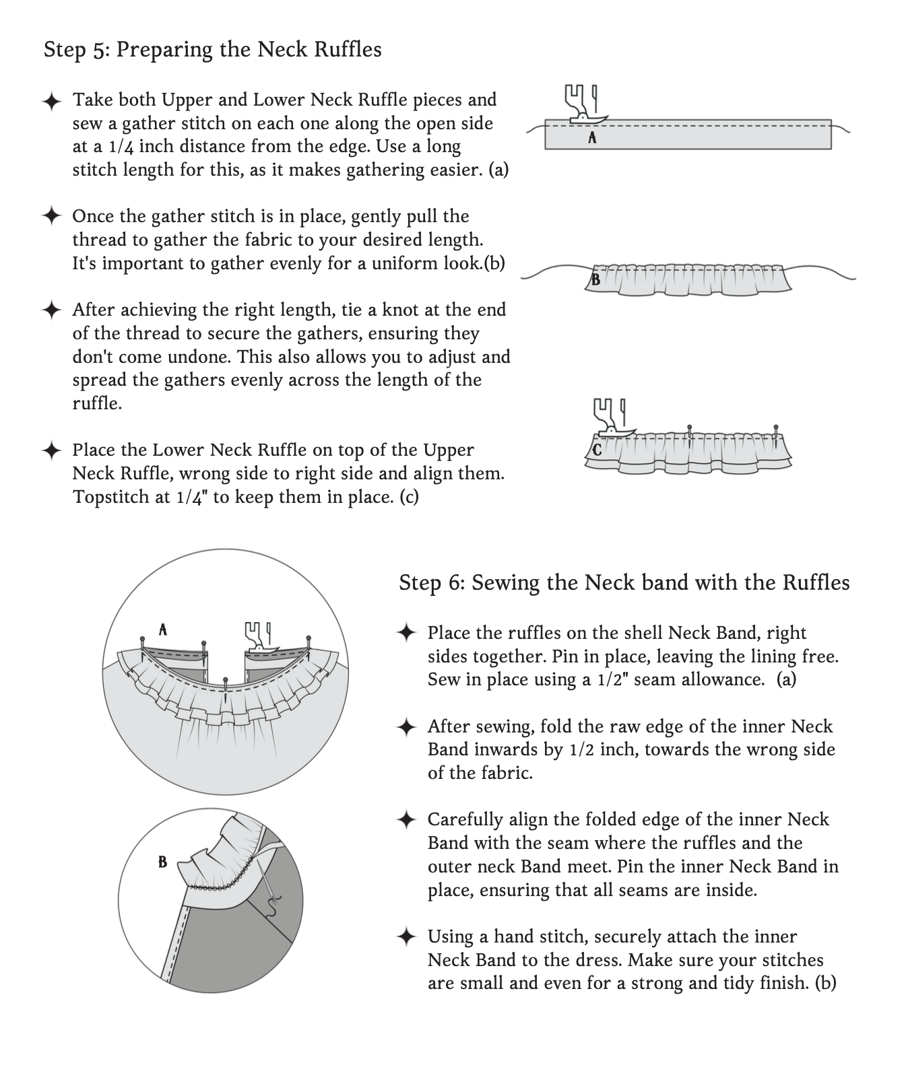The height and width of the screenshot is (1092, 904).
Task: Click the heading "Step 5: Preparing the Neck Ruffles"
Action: point(212,50)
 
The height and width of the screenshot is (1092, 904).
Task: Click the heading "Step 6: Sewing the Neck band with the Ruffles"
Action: point(624,582)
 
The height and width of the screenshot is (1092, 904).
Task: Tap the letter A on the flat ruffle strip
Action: point(592,138)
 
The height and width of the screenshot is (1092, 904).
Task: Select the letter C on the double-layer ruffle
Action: point(597,450)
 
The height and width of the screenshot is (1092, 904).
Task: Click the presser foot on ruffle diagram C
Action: point(610,417)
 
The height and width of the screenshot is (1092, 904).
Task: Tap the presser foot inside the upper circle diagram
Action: point(258,637)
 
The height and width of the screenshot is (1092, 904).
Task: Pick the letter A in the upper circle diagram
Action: point(162,630)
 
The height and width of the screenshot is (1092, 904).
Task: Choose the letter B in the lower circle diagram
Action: point(162,862)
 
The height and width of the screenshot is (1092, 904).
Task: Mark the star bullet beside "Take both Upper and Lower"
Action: point(51,101)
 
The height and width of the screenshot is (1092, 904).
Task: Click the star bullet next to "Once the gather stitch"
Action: point(51,217)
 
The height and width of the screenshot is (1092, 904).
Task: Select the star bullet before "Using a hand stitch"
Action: point(406,937)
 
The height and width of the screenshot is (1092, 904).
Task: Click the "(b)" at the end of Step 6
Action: point(825,983)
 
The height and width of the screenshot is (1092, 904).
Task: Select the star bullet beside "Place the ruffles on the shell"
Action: point(406,634)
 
